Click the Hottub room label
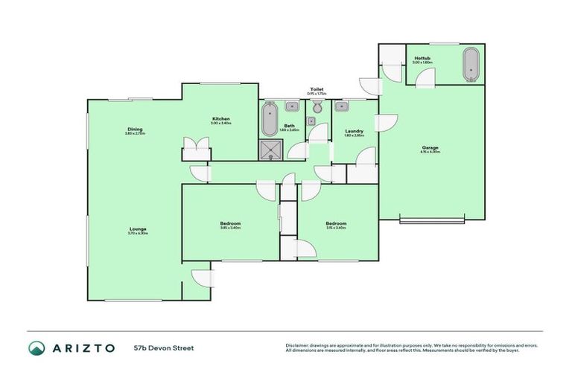(x=422, y=57)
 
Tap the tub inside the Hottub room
(x=471, y=65)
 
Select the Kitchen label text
(x=220, y=119)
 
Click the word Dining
(x=134, y=129)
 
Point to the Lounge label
(x=138, y=229)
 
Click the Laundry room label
(x=354, y=131)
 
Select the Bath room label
(x=288, y=126)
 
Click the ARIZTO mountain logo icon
(x=36, y=348)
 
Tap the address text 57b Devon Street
(x=164, y=348)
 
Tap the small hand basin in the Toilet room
(x=316, y=107)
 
